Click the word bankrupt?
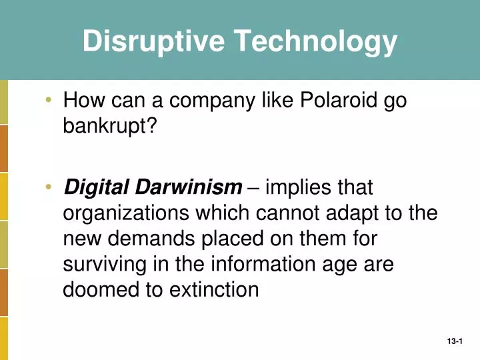pyautogui.click(x=109, y=125)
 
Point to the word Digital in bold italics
pyautogui.click(x=93, y=189)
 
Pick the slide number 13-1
pyautogui.click(x=455, y=341)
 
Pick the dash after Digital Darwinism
pyautogui.click(x=253, y=189)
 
